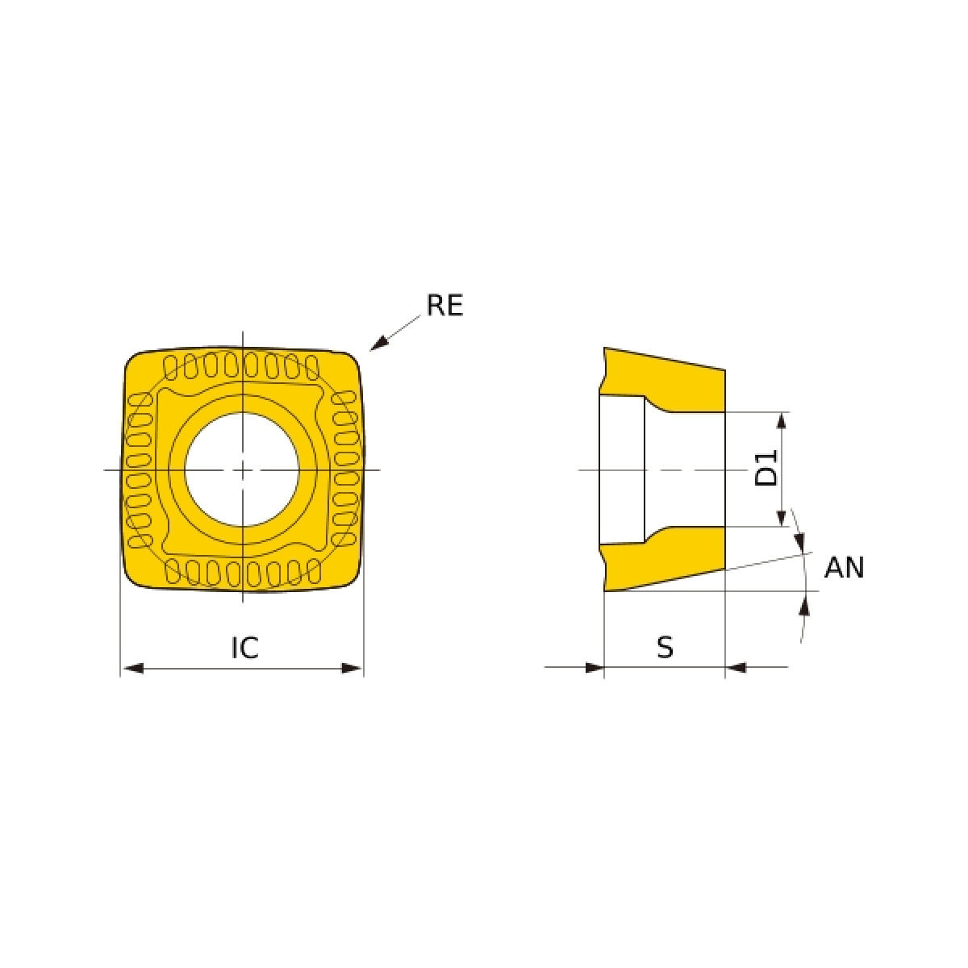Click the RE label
pyautogui.click(x=444, y=305)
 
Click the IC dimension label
pyautogui.click(x=245, y=648)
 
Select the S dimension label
pyautogui.click(x=665, y=648)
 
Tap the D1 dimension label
pyautogui.click(x=766, y=468)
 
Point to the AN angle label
pyautogui.click(x=845, y=568)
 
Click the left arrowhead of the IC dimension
pyautogui.click(x=133, y=668)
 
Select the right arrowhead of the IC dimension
pyautogui.click(x=351, y=668)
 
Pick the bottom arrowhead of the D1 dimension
pyautogui.click(x=781, y=516)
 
